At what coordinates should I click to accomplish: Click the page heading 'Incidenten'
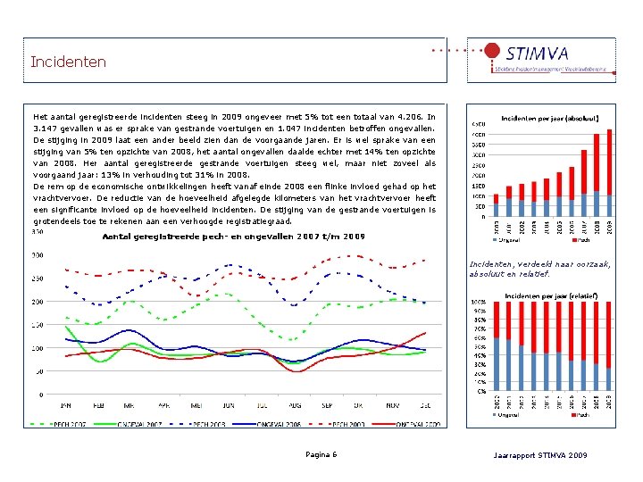[68, 62]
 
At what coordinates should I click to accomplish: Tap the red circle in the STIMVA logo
[491, 51]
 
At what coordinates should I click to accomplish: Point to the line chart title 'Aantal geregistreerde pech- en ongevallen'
[234, 236]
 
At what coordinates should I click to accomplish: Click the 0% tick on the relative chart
[481, 390]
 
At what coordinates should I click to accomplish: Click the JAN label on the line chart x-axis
[65, 406]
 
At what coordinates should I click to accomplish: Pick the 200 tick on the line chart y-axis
[38, 302]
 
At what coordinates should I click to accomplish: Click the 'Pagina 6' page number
[321, 455]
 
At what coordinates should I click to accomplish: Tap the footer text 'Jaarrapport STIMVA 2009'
[540, 456]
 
